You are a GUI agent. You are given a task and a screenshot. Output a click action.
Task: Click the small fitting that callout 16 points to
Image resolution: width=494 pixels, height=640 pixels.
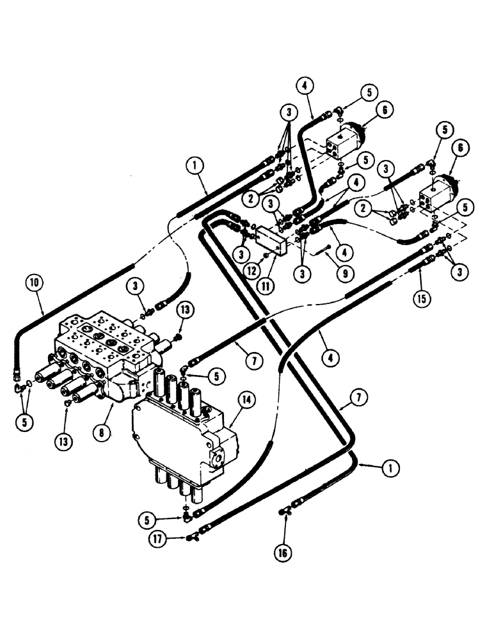pyautogui.click(x=284, y=511)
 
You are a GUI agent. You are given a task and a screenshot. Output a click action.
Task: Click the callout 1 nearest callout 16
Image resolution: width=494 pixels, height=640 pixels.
pyautogui.click(x=386, y=470)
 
